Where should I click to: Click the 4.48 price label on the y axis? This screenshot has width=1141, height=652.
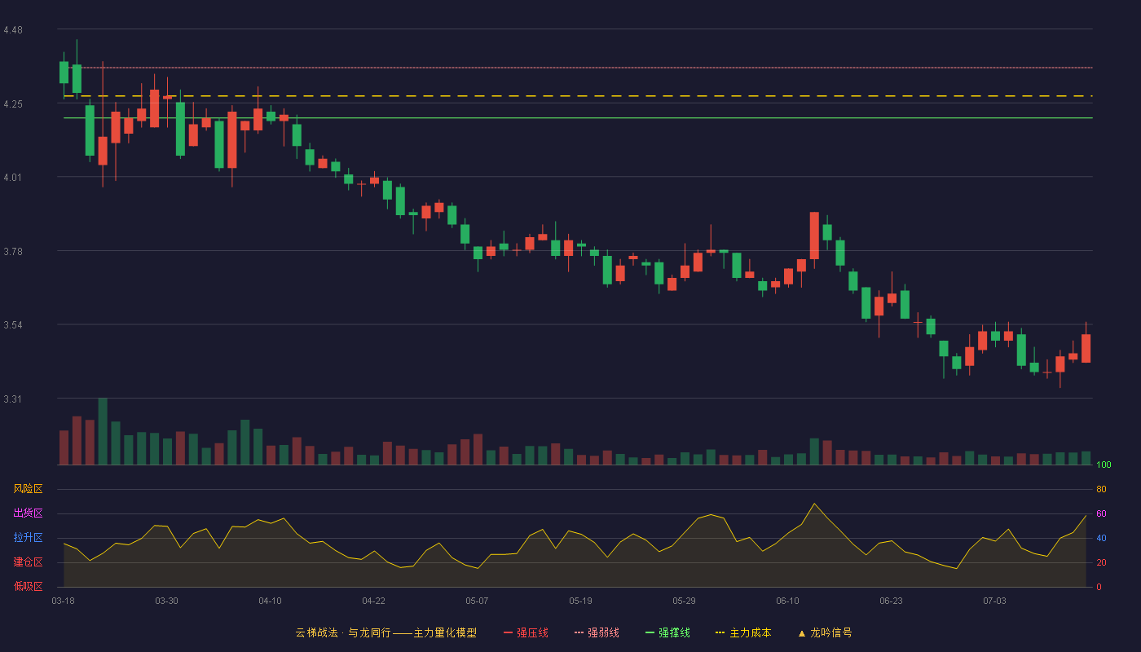tap(13, 30)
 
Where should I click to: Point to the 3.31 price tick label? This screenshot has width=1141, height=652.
tap(13, 399)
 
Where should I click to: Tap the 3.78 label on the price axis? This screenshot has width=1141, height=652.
tap(13, 252)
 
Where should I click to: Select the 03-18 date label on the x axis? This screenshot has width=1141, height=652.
tap(64, 601)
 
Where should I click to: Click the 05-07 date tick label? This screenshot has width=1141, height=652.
tap(477, 601)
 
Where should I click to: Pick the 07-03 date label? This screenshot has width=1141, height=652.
tap(994, 601)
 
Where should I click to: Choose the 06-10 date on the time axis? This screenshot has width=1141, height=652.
tap(787, 601)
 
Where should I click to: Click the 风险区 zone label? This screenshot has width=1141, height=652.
tap(28, 489)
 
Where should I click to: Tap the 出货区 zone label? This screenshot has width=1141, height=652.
tap(28, 513)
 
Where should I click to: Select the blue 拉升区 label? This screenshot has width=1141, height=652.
tap(28, 537)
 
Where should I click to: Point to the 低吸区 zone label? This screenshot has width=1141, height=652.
tap(28, 586)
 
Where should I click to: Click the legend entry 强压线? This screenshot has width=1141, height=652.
tap(526, 632)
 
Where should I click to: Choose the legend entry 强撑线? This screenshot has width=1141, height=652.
tap(667, 632)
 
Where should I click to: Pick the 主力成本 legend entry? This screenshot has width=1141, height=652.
tap(743, 632)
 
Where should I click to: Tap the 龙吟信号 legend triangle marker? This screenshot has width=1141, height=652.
tap(802, 633)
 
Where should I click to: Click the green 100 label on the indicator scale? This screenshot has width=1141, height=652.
tap(1104, 465)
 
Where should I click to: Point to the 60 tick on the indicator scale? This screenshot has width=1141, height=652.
tap(1101, 513)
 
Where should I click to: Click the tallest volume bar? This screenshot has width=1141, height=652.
tap(103, 431)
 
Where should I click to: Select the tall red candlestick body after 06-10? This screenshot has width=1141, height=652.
tap(814, 236)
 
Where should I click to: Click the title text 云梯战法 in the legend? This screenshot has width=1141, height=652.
tap(316, 632)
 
